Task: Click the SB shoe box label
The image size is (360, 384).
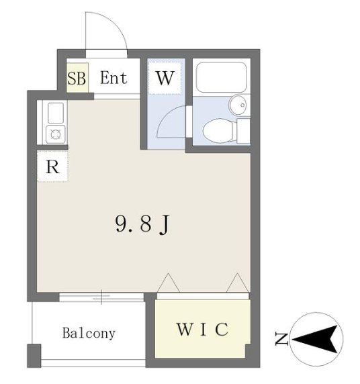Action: click(77, 79)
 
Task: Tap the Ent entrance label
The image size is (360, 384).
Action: click(114, 78)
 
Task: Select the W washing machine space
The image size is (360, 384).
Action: click(165, 78)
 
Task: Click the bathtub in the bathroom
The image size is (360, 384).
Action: click(221, 77)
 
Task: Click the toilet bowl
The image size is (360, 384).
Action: click(218, 131)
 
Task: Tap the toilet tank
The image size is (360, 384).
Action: click(243, 130)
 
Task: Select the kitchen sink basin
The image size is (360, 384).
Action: click(56, 113)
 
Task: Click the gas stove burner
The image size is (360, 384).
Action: click(56, 134)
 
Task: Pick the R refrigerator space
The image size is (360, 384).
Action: click(52, 166)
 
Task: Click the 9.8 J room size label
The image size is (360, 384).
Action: click(142, 224)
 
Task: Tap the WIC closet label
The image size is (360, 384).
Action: click(203, 330)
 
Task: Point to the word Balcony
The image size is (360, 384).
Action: click(89, 333)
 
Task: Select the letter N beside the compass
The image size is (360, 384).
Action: click(281, 339)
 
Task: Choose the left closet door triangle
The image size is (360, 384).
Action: click(169, 283)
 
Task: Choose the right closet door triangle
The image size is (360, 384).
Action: click(237, 283)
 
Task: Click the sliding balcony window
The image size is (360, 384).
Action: click(101, 297)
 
